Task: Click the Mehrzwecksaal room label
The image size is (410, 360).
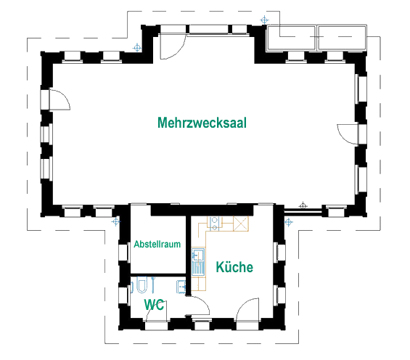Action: (x=202, y=123)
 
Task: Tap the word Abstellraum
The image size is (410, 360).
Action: (x=157, y=244)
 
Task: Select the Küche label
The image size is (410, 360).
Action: (x=234, y=267)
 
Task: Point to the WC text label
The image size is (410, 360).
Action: (x=155, y=305)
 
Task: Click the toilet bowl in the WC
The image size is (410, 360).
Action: (x=142, y=285)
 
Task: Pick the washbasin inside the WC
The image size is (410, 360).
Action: (x=181, y=287)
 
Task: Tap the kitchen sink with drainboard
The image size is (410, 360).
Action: (x=198, y=262)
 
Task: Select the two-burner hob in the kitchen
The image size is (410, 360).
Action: (x=214, y=224)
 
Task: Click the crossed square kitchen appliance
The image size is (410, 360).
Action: (x=241, y=224)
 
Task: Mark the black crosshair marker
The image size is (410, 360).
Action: (x=303, y=205)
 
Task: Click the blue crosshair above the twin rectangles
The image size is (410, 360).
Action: (x=264, y=20)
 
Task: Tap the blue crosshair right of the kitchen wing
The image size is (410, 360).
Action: (x=288, y=223)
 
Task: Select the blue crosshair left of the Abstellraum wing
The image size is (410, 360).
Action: (x=116, y=222)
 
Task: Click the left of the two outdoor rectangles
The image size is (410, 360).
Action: (x=291, y=38)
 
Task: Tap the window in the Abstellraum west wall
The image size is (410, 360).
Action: (x=124, y=253)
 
